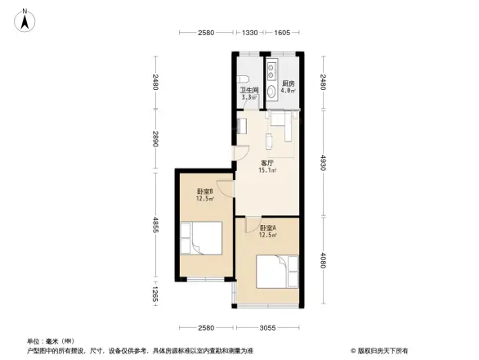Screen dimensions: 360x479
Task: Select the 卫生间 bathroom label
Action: [x=248, y=91]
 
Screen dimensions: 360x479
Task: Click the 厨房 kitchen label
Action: [x=288, y=84]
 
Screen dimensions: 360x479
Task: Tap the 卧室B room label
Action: [x=204, y=191]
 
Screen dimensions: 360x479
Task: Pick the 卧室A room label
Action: [x=267, y=228]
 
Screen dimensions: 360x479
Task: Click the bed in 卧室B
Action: [x=204, y=245]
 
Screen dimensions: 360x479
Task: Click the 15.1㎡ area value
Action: [x=266, y=171]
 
